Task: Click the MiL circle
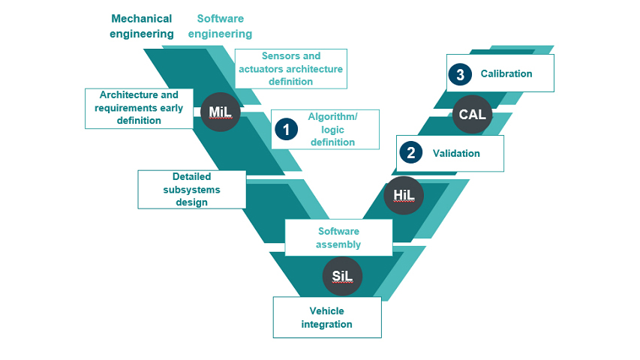220,112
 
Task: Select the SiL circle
343,276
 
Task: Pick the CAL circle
472,115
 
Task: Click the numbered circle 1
285,130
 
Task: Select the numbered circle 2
410,153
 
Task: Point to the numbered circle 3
459,74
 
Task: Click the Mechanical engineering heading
141,26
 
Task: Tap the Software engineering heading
220,26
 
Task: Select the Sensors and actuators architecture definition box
290,69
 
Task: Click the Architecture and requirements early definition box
139,107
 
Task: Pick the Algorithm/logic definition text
332,129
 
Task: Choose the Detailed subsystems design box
191,189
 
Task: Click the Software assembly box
338,238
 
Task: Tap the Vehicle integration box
326,317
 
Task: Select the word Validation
456,153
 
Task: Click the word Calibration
506,73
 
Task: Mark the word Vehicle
326,310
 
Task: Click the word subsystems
191,190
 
